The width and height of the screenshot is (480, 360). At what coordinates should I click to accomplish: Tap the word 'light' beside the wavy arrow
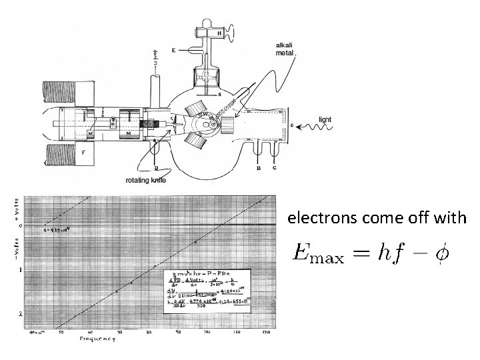(325, 119)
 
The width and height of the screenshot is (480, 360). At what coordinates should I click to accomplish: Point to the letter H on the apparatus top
(219, 33)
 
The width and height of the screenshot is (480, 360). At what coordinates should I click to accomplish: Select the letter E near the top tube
(173, 50)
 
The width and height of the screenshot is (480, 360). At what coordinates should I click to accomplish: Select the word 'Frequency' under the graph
(98, 340)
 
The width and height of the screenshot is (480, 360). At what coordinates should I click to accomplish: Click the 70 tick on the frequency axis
(119, 332)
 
